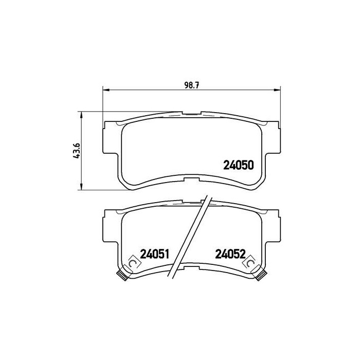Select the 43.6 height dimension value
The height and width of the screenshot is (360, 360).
tap(77, 151)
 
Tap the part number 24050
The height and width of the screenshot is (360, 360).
tap(239, 165)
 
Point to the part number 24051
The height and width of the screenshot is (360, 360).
tap(154, 254)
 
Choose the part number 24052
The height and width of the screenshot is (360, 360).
tap(230, 254)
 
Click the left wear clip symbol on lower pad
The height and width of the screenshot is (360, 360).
tap(133, 263)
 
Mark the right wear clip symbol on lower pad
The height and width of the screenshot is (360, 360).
tap(250, 263)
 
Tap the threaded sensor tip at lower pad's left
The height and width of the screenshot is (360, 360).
tap(122, 275)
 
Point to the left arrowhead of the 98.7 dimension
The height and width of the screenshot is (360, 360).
tap(105, 89)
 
